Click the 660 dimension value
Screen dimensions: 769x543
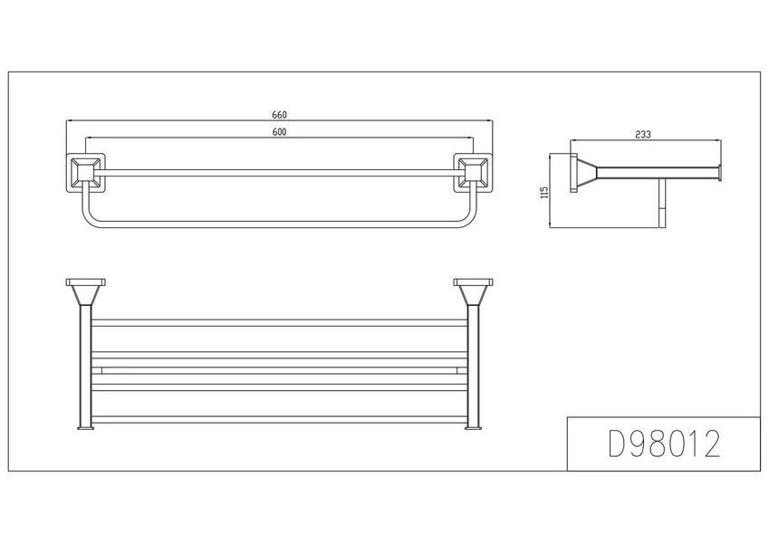click(279, 115)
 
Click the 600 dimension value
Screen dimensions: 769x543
click(279, 132)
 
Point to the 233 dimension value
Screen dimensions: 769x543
click(642, 134)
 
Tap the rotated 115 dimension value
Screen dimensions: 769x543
click(543, 192)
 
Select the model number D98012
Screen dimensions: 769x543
click(664, 443)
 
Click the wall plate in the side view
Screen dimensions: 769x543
click(573, 173)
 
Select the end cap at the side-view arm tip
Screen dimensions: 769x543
click(719, 173)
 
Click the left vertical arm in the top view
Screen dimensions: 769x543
click(85, 366)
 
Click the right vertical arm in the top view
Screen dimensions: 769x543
click(474, 366)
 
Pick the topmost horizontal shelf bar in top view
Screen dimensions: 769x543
click(279, 323)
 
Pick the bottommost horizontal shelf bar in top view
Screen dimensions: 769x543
click(279, 420)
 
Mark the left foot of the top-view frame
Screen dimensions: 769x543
click(85, 428)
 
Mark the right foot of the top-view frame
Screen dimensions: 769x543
click(474, 428)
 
